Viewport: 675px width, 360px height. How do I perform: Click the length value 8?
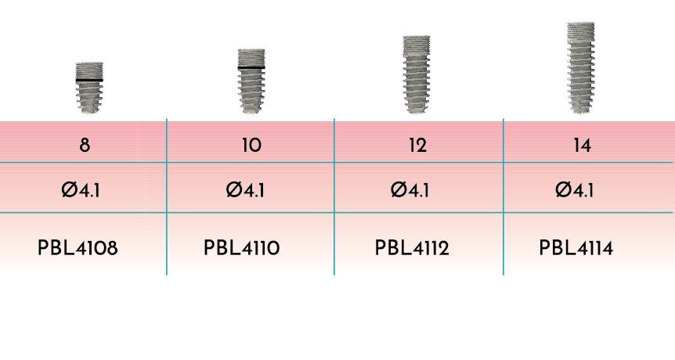[x=85, y=145]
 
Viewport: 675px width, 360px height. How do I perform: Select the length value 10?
[x=251, y=145]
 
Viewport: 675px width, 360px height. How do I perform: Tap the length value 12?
[x=417, y=145]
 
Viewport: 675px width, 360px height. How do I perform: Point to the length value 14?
[x=582, y=145]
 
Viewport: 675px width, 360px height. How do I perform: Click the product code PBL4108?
[x=78, y=248]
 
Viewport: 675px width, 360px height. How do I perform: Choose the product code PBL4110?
[x=241, y=248]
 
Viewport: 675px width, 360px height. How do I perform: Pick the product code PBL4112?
[x=412, y=248]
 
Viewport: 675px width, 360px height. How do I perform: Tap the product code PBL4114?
[x=576, y=248]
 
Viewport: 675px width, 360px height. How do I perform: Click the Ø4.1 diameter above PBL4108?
[x=81, y=189]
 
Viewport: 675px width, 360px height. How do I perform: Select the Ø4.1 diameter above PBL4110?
[x=245, y=189]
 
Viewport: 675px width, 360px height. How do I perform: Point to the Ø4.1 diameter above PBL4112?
[x=410, y=189]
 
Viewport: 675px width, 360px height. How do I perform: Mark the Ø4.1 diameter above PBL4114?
[x=575, y=189]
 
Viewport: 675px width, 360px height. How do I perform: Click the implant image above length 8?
[x=89, y=88]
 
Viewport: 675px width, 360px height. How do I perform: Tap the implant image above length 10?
[x=251, y=81]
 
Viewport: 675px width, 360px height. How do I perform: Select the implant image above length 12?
[x=417, y=75]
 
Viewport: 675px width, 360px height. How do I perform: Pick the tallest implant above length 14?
[x=581, y=68]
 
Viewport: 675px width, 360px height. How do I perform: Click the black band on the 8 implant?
[x=89, y=80]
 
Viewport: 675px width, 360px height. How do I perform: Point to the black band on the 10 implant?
[x=251, y=67]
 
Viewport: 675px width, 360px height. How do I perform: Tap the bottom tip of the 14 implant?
[x=581, y=113]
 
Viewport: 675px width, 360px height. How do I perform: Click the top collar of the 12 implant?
[x=417, y=46]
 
